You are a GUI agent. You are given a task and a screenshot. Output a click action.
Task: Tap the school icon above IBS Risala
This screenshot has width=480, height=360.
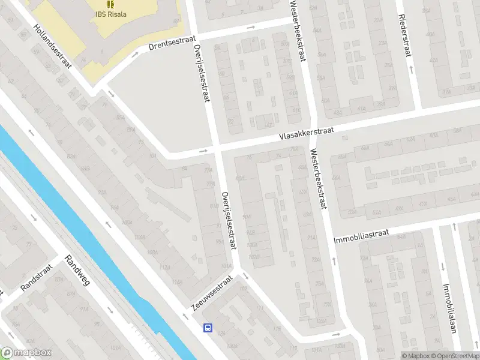point(110,4)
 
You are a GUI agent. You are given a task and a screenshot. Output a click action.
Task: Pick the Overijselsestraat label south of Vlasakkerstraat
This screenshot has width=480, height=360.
point(228,221)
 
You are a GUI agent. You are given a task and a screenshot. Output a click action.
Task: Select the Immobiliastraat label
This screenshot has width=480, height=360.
point(361,235)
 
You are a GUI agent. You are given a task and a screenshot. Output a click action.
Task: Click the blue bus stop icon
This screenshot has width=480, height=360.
point(208,328)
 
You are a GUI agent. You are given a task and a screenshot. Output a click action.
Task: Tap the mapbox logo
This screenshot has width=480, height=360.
point(26,353)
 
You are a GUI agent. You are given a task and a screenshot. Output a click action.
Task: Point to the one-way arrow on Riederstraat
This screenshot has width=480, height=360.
point(412,69)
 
